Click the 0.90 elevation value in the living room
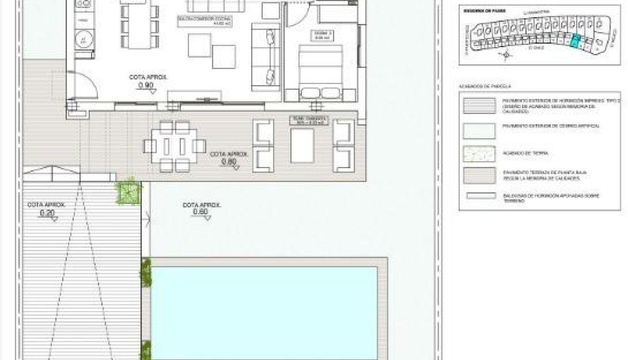click(x=146, y=86)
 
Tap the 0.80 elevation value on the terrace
click(x=229, y=162)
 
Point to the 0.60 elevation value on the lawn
click(x=201, y=212)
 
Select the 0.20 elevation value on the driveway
click(x=47, y=213)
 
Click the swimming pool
click(x=264, y=312)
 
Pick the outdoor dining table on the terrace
click(x=174, y=146)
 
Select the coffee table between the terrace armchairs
click(x=302, y=145)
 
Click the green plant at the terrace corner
click(x=128, y=191)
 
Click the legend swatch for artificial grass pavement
click(x=479, y=130)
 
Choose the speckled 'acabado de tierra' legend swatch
click(x=479, y=153)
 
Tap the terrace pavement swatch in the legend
click(x=479, y=175)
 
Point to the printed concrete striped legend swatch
click(x=479, y=106)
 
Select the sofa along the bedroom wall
click(x=266, y=58)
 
